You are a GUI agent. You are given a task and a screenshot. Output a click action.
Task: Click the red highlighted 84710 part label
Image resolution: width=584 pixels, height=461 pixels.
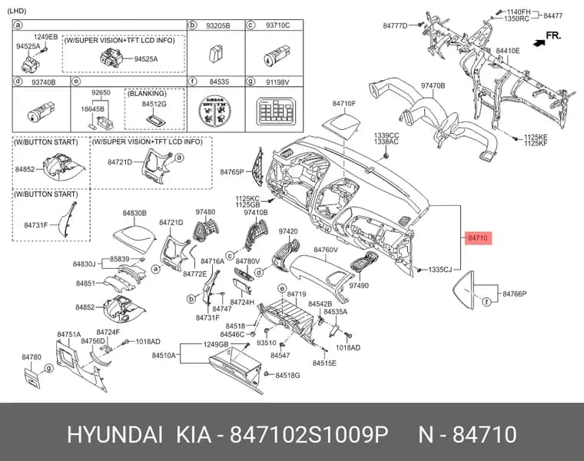(x=478, y=237)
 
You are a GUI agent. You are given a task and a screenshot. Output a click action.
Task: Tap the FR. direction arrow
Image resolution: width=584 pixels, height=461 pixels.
(x=539, y=43)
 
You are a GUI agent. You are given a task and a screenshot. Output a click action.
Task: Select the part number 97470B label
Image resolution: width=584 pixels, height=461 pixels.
(x=433, y=85)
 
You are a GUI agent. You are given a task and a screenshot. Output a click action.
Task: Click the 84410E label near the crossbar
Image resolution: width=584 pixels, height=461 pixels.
(x=508, y=51)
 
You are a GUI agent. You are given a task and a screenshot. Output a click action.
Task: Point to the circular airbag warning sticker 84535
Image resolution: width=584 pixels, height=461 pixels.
(x=214, y=111)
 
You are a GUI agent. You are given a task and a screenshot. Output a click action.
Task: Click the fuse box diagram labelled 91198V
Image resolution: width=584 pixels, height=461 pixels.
(x=274, y=111)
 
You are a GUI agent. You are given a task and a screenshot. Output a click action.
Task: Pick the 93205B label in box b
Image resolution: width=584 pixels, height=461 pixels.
(x=218, y=25)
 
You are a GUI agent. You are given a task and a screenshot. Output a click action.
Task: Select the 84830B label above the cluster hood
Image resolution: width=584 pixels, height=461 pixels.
(x=134, y=213)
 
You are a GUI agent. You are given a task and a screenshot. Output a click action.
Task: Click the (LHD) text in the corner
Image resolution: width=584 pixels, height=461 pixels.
(x=17, y=11)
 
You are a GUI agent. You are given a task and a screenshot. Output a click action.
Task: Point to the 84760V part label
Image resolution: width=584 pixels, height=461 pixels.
(x=326, y=250)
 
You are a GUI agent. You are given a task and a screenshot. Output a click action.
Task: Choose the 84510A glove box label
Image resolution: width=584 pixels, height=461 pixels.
(x=164, y=355)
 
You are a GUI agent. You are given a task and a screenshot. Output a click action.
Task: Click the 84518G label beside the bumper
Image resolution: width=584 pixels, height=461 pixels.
(x=287, y=376)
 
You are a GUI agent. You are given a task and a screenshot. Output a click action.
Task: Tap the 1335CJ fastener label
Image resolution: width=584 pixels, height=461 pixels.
(x=440, y=269)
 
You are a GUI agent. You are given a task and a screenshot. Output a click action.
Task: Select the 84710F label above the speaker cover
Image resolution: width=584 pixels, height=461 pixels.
(x=344, y=103)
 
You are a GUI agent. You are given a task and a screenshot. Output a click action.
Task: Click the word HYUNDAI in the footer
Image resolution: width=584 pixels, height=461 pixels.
(x=114, y=435)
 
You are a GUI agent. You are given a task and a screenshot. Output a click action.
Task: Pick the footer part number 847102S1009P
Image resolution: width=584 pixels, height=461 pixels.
(x=309, y=435)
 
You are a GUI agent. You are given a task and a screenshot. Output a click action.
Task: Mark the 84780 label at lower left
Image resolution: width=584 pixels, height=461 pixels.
(x=32, y=357)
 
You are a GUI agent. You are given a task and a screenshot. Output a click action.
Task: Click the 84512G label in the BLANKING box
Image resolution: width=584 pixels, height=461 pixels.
(x=154, y=104)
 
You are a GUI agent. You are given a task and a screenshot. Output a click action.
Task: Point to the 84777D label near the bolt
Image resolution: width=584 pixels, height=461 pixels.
(x=395, y=25)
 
